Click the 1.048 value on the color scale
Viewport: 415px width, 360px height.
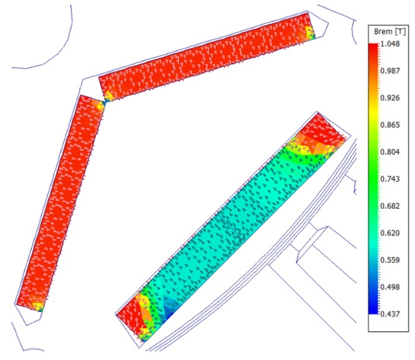[390, 44]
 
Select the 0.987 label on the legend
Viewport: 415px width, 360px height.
[390, 71]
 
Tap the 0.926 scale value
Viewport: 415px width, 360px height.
[390, 98]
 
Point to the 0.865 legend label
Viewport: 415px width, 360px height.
[390, 125]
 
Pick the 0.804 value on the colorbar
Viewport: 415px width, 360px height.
[390, 152]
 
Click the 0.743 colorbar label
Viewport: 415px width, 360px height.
[390, 179]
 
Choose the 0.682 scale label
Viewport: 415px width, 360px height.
[390, 206]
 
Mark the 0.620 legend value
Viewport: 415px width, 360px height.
[390, 233]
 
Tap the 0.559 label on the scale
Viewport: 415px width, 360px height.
[390, 260]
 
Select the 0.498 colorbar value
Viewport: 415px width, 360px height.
[390, 287]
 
